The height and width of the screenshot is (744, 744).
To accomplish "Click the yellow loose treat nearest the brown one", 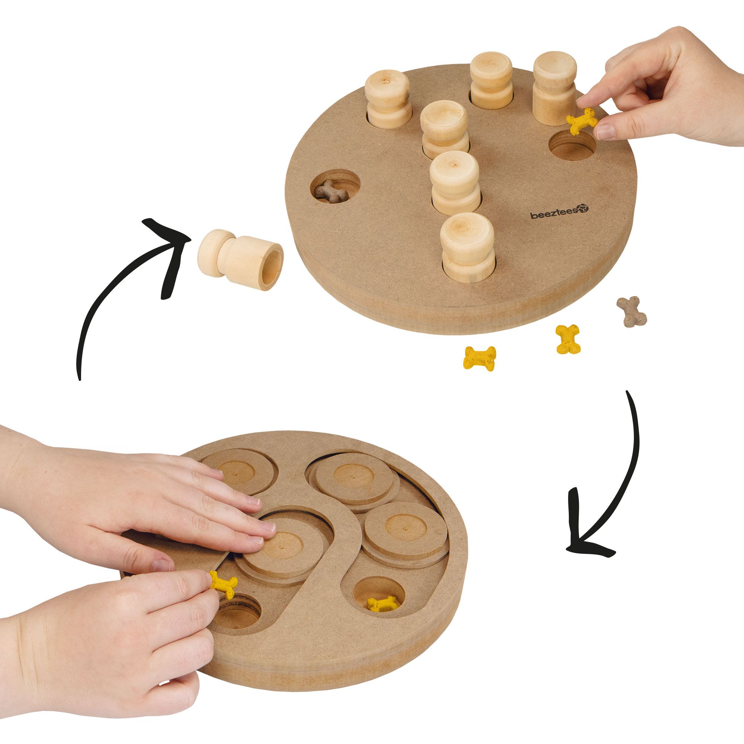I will point(568,338).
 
